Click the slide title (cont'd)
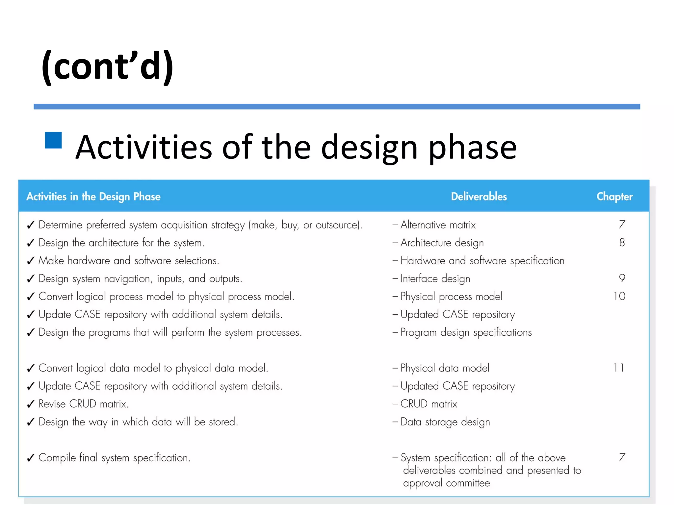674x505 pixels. pos(107,67)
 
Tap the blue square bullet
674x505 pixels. pos(53,140)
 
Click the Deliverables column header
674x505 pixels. pos(479,197)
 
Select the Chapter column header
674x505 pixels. pos(614,197)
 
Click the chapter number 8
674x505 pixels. pos(622,243)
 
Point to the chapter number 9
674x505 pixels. pos(622,278)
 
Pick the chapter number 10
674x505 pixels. pos(619,296)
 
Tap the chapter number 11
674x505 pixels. pos(619,368)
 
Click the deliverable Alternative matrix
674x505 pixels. pos(438,225)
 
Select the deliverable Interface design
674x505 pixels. pos(435,279)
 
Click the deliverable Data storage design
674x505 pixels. pos(445,422)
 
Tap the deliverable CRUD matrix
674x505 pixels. pos(428,404)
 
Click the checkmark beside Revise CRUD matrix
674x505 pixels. pos(31,404)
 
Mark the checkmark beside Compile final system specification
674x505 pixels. pos(31,458)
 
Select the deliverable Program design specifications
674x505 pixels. pos(466,332)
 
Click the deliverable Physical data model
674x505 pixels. pos(445,368)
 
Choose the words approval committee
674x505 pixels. pos(446,483)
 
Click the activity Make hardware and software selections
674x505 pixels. pos(128,261)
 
